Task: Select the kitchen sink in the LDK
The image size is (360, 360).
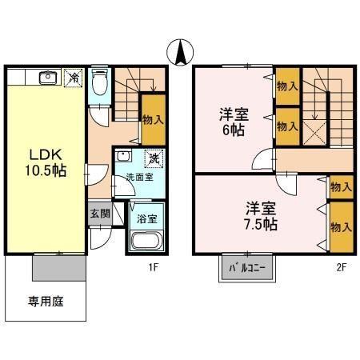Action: pos(46,78)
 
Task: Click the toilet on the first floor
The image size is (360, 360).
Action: pos(99,82)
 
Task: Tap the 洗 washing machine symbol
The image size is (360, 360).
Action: pos(154,158)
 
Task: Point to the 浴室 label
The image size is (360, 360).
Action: pos(146,217)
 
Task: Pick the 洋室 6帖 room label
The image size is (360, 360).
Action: pos(234,121)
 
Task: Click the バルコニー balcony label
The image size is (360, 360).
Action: pos(248,267)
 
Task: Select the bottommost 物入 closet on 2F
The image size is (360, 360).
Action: pos(340,226)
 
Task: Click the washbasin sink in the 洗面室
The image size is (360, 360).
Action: pos(124,158)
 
